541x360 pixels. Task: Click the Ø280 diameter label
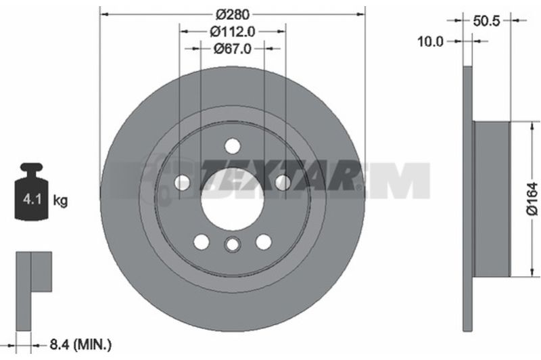pos(233,14)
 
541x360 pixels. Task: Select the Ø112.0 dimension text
pos(233,32)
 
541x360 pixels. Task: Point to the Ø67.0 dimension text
pos(233,49)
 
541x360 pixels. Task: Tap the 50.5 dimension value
pos(486,21)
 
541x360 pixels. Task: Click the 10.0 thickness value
pos(430,41)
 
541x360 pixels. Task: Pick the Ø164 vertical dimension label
pos(532,199)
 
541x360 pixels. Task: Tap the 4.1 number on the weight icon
pos(32,199)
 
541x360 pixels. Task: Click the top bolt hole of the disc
pos(233,146)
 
